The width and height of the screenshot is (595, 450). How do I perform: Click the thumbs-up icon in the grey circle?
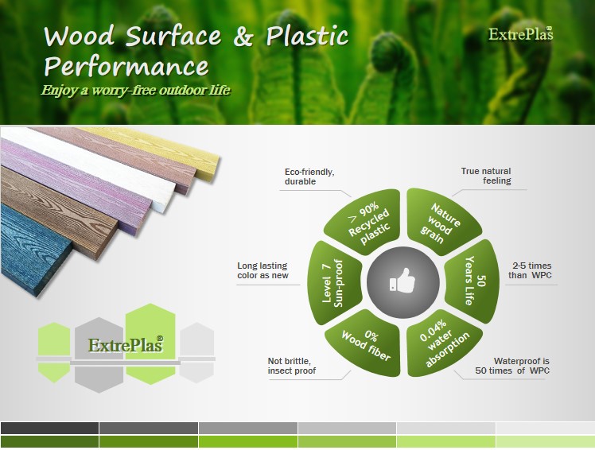click(x=402, y=281)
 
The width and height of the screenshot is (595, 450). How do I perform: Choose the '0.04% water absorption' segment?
click(x=441, y=343)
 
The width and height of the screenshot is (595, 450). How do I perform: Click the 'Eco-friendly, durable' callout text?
click(x=309, y=177)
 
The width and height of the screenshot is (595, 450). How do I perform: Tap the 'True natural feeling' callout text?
click(x=486, y=176)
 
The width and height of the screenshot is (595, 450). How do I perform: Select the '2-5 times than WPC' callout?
click(x=530, y=270)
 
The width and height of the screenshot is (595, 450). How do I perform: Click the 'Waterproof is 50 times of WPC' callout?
click(x=512, y=366)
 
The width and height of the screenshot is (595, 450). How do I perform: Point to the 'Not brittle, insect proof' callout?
click(x=291, y=366)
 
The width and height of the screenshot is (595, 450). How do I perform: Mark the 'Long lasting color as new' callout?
click(x=262, y=270)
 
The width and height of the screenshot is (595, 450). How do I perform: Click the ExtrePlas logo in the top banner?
click(x=520, y=34)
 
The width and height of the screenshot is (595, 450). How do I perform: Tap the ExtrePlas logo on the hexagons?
click(x=126, y=344)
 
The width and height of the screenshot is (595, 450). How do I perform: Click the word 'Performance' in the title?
click(x=126, y=67)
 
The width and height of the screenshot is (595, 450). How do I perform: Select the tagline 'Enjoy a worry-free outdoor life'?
click(x=135, y=91)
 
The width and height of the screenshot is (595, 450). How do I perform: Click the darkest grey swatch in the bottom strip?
click(x=49, y=428)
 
